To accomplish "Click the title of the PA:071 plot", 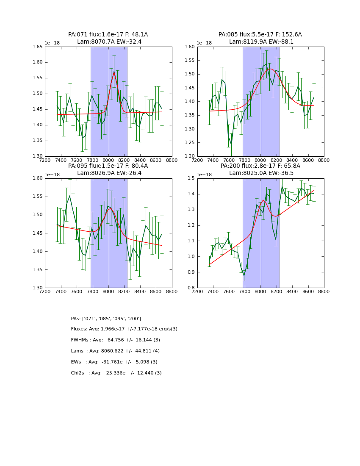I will click(108, 38).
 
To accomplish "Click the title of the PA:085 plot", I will click(260, 38).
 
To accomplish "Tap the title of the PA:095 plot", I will click(108, 169).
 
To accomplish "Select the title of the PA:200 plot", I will click(260, 169).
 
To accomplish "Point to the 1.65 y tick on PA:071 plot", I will click(38, 47).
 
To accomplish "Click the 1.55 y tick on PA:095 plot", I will click(38, 197).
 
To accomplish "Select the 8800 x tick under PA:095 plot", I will click(172, 292).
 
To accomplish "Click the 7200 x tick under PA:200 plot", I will click(197, 292).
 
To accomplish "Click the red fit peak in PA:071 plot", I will click(114, 72).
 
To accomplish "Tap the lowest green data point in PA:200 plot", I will click(244, 275).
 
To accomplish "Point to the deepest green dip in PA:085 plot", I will click(231, 144).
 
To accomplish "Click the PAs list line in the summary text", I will click(106, 319).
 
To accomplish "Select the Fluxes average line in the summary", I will click(124, 329).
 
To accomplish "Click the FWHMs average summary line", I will click(115, 340).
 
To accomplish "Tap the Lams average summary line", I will click(115, 351).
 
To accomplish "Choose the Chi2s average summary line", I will click(116, 373).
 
